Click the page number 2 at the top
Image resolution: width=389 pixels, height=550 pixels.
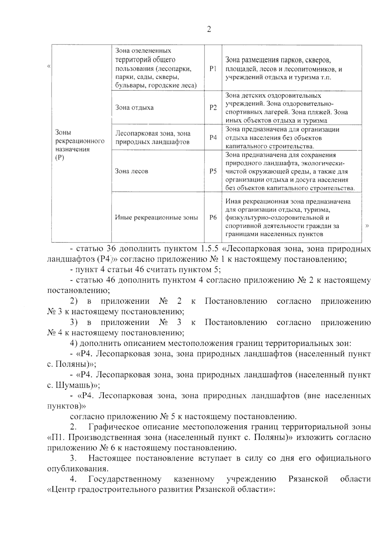tap(209, 29)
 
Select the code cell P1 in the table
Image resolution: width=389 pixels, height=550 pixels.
tap(213, 69)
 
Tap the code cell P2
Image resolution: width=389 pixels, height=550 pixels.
tap(213, 108)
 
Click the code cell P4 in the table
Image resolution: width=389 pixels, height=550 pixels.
tap(213, 137)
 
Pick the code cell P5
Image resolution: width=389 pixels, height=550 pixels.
tap(213, 171)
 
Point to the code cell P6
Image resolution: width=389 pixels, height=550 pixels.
tap(213, 217)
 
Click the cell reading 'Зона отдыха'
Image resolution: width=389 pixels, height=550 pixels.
tap(135, 108)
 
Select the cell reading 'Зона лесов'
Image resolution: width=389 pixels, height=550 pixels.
tap(132, 171)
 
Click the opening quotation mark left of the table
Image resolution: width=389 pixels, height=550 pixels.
tap(49, 66)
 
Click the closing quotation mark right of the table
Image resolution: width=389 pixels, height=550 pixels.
tap(367, 226)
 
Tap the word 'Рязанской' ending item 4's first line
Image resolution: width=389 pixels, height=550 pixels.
tap(308, 479)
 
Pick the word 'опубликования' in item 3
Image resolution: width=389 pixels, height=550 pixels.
tap(77, 469)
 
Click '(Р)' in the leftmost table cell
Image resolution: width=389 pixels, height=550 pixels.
tap(60, 158)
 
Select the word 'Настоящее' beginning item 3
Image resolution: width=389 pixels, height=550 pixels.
tap(109, 458)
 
